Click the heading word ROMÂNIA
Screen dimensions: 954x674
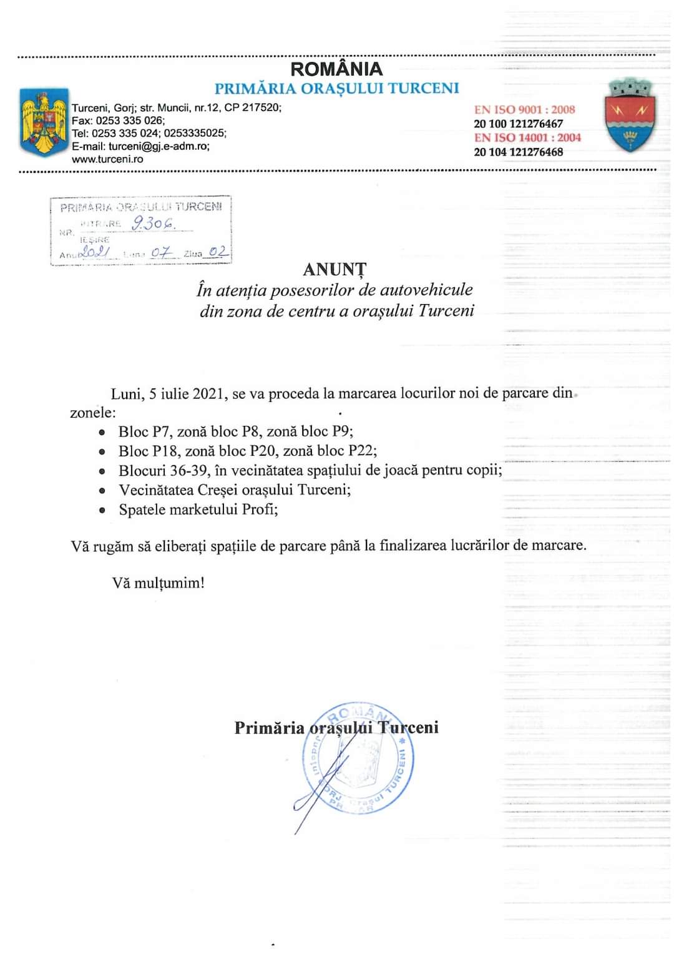336,69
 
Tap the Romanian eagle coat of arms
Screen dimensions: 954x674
44,122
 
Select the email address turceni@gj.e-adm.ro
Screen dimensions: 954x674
159,146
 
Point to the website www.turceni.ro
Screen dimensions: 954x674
107,159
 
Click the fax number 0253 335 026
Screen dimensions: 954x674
129,120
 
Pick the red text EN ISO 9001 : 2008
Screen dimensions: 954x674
524,109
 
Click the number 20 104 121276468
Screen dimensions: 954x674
518,152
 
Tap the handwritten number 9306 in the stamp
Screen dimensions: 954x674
153,223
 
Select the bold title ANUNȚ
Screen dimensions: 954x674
335,269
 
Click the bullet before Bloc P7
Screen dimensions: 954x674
102,432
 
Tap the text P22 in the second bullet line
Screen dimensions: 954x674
362,451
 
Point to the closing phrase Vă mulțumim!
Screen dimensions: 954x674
159,583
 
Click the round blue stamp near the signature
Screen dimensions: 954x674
358,759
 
